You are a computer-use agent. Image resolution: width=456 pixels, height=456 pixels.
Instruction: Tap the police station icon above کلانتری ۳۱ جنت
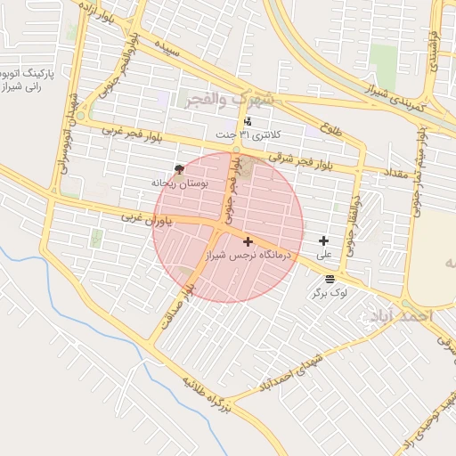pyautogui.click(x=247, y=120)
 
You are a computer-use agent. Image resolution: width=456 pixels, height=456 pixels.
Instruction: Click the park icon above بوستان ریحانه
pyautogui.click(x=180, y=168)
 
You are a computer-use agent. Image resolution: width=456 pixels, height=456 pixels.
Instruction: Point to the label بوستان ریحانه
pyautogui.click(x=179, y=183)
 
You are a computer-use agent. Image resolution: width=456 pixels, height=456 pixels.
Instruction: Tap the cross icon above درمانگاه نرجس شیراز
pyautogui.click(x=247, y=241)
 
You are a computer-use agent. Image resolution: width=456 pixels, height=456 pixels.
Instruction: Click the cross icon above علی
pyautogui.click(x=323, y=240)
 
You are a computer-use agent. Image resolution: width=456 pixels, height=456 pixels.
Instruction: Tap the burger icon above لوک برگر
pyautogui.click(x=330, y=278)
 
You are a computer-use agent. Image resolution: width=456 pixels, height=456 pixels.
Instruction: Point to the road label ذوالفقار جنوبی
pyautogui.click(x=356, y=225)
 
